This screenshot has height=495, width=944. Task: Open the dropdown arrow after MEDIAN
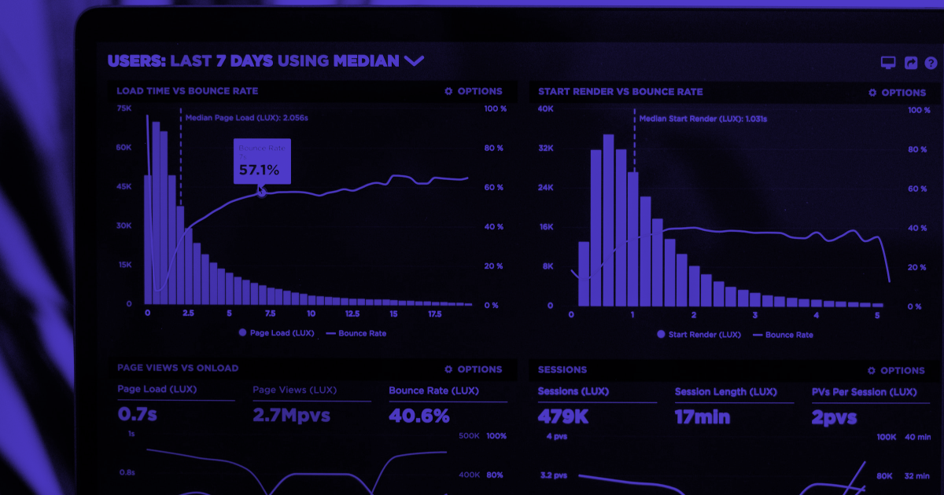[413, 60]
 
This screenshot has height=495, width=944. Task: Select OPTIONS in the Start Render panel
[897, 92]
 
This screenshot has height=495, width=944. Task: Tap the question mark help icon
[931, 63]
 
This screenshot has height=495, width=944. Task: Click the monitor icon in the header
[888, 63]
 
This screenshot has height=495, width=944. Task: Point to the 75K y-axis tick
[124, 108]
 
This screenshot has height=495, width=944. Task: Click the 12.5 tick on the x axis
[352, 313]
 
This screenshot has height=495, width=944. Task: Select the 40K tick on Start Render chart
[546, 108]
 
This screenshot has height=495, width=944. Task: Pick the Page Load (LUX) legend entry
[276, 333]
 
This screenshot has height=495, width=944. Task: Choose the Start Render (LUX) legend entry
[699, 335]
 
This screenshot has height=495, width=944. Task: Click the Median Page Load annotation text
[246, 118]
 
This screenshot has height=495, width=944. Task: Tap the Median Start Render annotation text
[702, 119]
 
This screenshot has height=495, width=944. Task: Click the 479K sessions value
[562, 416]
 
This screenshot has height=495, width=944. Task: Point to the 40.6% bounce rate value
[419, 415]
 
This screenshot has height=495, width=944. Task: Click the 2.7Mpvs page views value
[291, 415]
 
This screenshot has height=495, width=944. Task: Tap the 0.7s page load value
[137, 414]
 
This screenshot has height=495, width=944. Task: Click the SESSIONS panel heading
[562, 369]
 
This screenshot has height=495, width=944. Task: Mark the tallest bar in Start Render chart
[608, 220]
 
